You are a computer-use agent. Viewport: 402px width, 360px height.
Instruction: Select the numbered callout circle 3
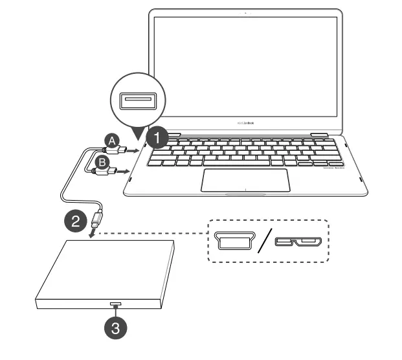pos(115,328)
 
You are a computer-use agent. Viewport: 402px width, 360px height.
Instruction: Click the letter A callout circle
pos(113,140)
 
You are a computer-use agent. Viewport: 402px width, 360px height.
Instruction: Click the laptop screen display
pos(245,65)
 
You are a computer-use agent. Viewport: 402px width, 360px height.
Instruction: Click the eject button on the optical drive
pos(115,304)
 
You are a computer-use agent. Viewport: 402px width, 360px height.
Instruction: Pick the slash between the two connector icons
pos(263,242)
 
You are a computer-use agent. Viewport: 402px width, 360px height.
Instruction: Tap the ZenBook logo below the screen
pos(245,122)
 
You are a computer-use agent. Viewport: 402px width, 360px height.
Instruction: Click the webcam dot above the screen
pos(246,13)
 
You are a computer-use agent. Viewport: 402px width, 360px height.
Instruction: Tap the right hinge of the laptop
pos(320,134)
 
